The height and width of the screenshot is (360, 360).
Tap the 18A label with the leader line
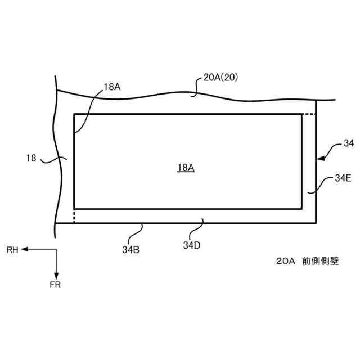(x=112, y=87)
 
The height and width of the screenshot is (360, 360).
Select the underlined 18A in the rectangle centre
(x=186, y=168)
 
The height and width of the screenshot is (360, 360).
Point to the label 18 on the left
(x=31, y=158)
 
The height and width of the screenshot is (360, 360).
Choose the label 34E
(x=343, y=178)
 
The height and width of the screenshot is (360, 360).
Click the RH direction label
(x=12, y=249)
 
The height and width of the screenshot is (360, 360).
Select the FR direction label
(x=55, y=285)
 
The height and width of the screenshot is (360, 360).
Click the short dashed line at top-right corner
(x=308, y=115)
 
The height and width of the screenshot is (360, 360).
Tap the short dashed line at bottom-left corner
(x=74, y=215)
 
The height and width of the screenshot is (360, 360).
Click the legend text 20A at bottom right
(x=286, y=262)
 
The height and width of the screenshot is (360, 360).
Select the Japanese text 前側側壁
(x=320, y=262)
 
